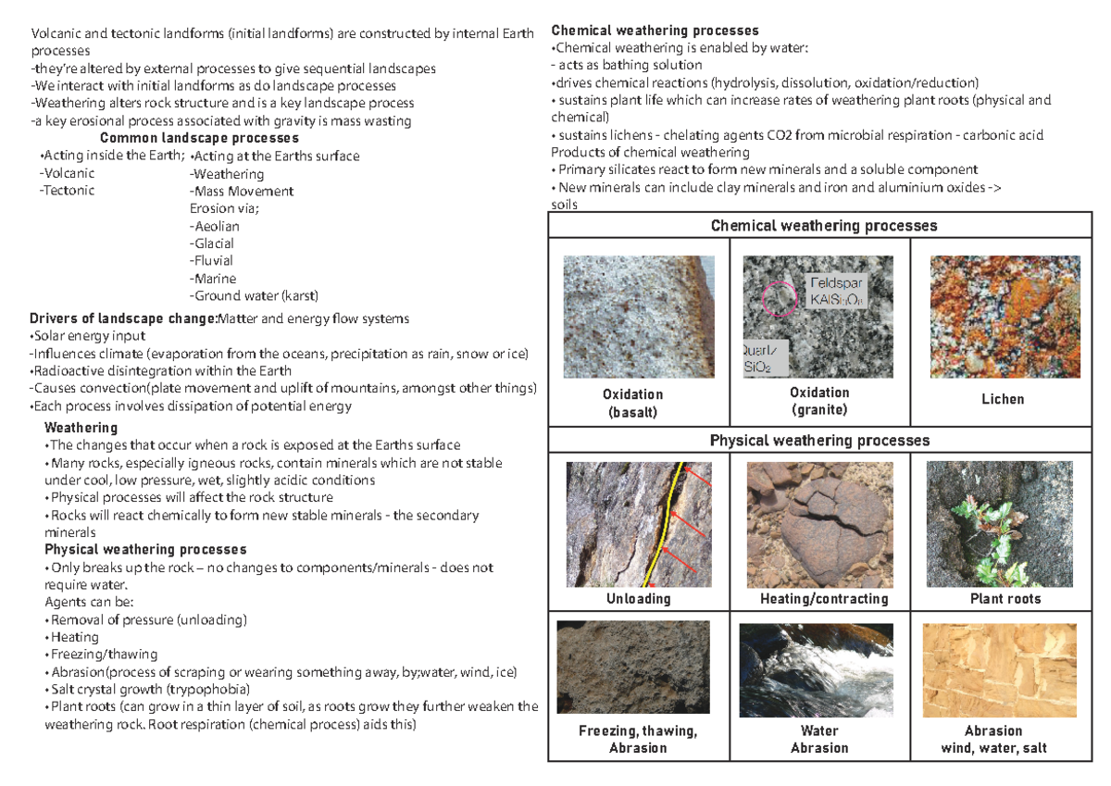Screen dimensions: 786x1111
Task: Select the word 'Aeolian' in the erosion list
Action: coord(215,226)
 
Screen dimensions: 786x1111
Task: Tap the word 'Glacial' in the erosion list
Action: coord(213,243)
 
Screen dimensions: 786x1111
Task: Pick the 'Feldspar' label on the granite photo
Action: coord(837,282)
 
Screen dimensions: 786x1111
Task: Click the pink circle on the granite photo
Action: coord(780,298)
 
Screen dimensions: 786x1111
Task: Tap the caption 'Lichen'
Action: coord(1003,399)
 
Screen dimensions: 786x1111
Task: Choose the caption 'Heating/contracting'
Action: coord(823,599)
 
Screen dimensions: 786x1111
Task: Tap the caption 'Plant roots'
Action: coord(1005,599)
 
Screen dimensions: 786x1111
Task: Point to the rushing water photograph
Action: coord(817,669)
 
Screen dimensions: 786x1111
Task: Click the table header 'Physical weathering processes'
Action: coord(819,441)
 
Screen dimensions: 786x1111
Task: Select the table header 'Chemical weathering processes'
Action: coord(823,226)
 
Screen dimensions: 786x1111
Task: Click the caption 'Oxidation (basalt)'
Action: coord(638,404)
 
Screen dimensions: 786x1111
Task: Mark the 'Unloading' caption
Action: coord(638,599)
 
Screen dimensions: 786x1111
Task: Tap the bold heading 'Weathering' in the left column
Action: coord(81,428)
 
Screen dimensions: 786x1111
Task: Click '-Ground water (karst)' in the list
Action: coord(253,296)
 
